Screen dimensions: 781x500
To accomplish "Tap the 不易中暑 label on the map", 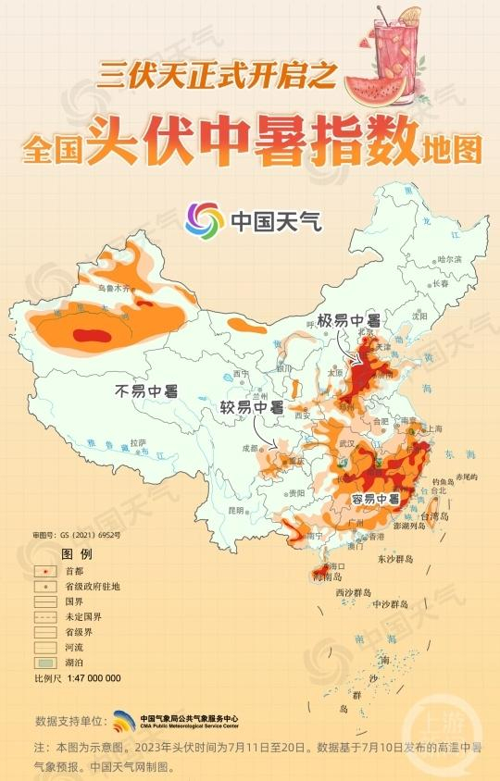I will pos(146,390).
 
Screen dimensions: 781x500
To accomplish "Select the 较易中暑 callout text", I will pos(251,407).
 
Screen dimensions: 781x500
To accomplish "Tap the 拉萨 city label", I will pos(138,442).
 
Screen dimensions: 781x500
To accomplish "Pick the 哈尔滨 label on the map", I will pos(449,260).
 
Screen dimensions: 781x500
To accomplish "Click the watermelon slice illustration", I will pos(375,86).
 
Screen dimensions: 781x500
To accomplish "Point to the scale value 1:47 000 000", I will pos(93,678).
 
